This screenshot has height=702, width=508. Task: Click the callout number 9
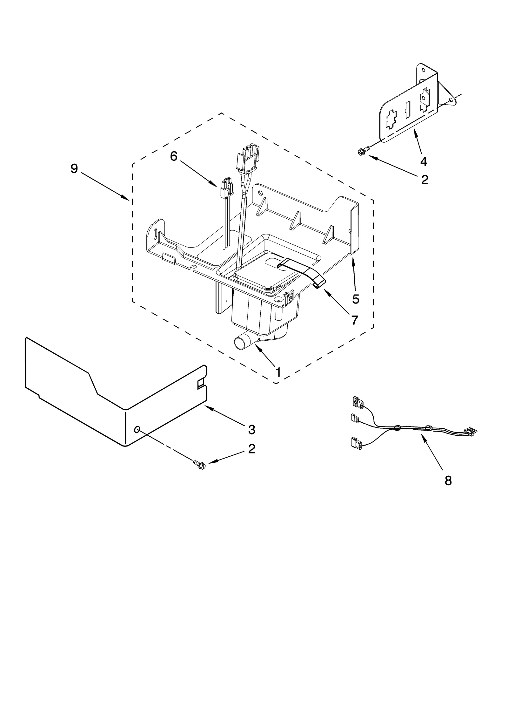coord(74,168)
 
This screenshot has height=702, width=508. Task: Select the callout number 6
coord(173,156)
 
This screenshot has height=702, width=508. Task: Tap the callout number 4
coord(424,161)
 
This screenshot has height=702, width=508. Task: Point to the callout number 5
coord(356,299)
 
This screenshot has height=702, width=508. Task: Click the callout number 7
coord(355,320)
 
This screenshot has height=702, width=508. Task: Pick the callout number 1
coord(278,372)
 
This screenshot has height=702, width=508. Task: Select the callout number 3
coord(251,430)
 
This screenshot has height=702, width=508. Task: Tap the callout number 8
coord(448,481)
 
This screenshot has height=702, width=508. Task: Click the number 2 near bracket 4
coord(424,180)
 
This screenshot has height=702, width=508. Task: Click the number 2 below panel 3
coord(251,449)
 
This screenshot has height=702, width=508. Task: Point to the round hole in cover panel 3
coord(137,430)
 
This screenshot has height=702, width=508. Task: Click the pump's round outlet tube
coord(241,344)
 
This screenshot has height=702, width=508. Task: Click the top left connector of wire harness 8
coord(357,402)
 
